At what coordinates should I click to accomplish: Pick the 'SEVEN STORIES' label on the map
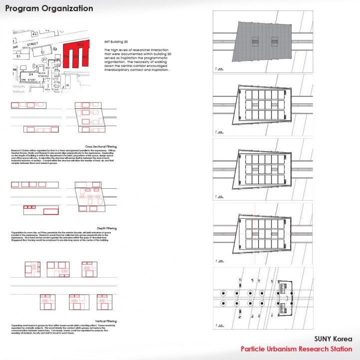[x=42, y=74]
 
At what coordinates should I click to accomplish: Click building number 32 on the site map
[x=42, y=51]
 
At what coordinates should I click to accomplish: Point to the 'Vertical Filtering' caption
[x=105, y=321]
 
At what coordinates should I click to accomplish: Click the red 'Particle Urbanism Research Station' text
[x=296, y=349]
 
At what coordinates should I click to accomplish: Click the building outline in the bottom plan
[x=284, y=298]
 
